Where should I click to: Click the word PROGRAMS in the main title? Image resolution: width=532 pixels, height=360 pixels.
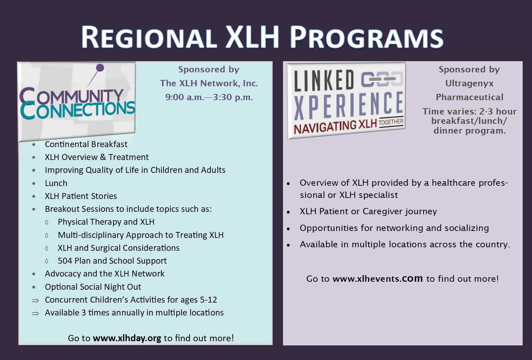pos(366,37)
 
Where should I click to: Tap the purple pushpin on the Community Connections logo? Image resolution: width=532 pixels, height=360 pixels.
pos(100,68)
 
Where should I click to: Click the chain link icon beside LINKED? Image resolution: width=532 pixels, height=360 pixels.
pos(381,79)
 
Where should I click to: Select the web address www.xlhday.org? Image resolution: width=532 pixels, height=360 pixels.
pos(127,338)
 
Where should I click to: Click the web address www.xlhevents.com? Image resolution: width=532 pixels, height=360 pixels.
pos(378,279)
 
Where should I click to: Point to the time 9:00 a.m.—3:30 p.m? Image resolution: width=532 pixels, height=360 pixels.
pos(209,97)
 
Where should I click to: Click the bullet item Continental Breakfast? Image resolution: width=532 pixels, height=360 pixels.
pos(86,144)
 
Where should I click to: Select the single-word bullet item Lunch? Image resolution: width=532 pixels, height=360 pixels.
pos(56,183)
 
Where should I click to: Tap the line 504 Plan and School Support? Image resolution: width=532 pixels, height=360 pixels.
pos(112,261)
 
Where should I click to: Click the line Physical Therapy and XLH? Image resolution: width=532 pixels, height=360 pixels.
pos(106,222)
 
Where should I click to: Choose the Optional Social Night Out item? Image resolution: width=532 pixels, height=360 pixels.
pos(93,287)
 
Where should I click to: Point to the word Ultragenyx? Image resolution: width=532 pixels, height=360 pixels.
pos(469,83)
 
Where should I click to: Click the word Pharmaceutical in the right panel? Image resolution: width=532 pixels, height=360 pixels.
pos(469,97)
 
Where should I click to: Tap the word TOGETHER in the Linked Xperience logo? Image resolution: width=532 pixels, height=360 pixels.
pos(391,122)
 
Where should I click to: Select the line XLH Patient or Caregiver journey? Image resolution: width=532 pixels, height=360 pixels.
pos(368,211)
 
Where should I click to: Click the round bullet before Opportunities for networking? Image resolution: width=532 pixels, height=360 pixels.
pos(288,229)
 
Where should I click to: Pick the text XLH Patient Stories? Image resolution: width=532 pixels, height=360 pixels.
pos(81,196)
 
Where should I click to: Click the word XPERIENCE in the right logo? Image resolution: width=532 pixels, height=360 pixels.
pos(348,105)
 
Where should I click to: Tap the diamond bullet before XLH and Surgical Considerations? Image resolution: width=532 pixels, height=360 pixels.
pos(47,248)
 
